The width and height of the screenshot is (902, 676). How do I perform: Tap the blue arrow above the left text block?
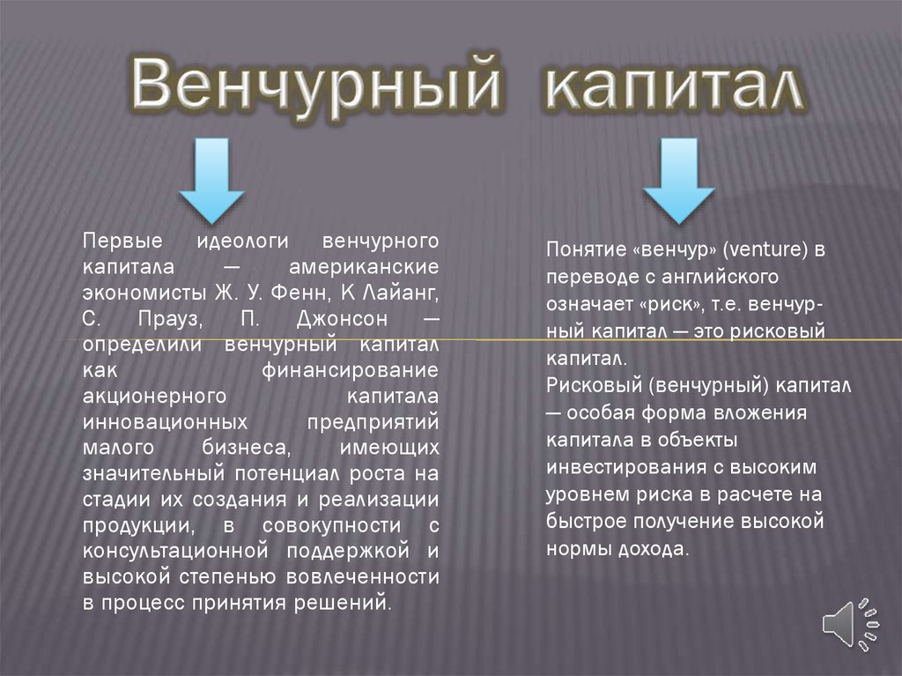click(211, 180)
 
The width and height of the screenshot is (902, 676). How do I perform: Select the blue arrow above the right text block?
click(679, 180)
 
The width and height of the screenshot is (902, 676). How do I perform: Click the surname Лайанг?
click(401, 293)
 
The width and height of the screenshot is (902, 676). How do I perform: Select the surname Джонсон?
click(343, 318)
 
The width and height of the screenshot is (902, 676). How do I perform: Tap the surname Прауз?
click(170, 319)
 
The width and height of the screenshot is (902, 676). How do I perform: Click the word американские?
click(364, 266)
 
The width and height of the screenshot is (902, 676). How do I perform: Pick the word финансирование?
click(350, 370)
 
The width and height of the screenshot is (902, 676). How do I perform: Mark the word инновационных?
click(165, 422)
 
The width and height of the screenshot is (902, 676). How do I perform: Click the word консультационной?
click(175, 551)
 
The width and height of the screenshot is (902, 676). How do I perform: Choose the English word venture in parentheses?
click(765, 249)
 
